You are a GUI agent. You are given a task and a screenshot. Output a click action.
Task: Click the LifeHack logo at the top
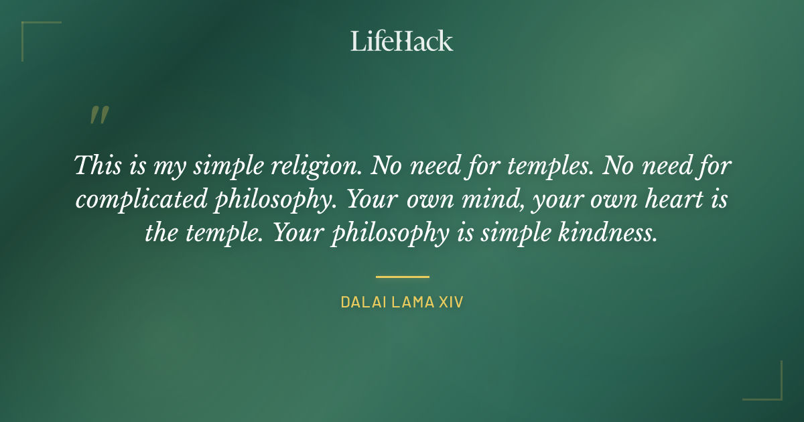[402, 41]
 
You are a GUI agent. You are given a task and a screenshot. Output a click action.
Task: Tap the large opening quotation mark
[98, 116]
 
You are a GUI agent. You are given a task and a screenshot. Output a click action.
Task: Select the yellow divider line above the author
[402, 276]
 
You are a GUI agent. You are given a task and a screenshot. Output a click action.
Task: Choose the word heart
[662, 200]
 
